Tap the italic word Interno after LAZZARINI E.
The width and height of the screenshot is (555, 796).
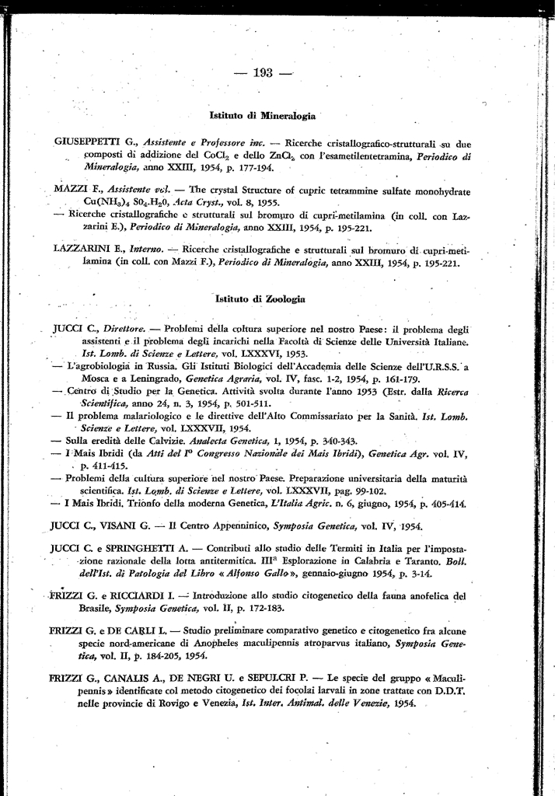coord(146,251)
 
